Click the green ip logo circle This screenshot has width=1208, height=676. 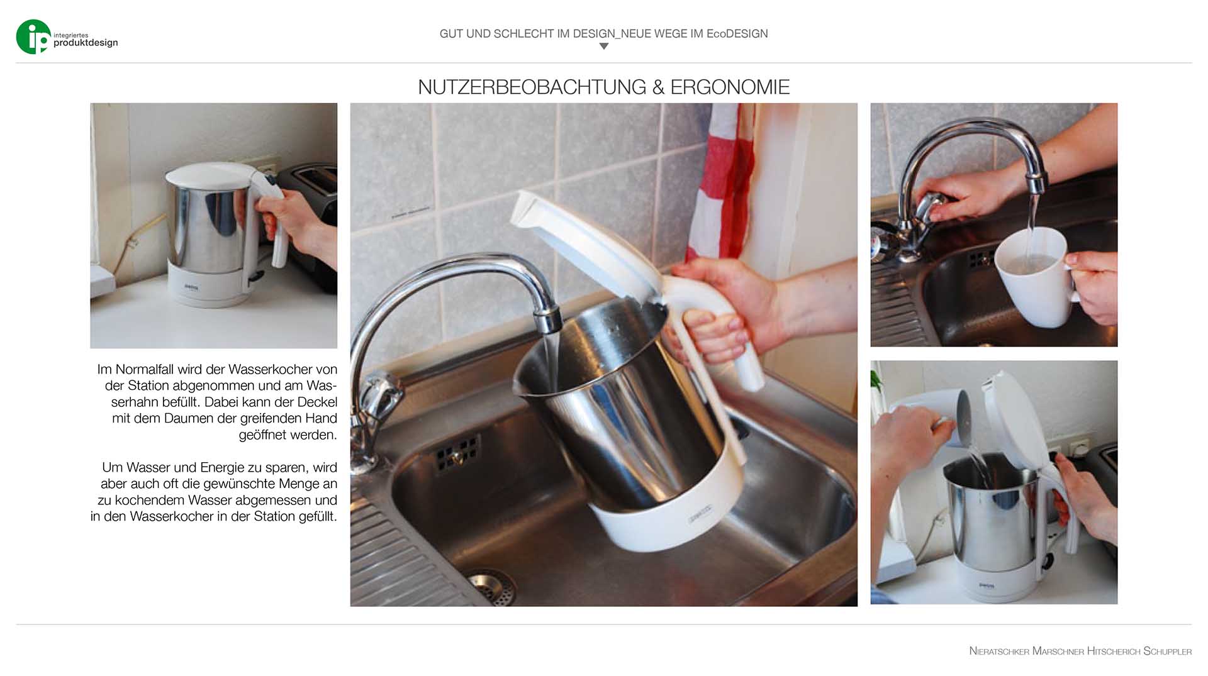point(33,36)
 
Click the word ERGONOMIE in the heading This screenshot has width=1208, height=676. point(730,87)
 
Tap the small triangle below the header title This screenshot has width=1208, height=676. point(604,46)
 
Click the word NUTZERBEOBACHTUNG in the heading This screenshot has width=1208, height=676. point(532,87)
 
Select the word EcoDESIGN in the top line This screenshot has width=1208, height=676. point(737,34)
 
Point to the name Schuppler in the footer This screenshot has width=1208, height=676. point(1167,651)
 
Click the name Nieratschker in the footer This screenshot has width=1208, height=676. point(999,651)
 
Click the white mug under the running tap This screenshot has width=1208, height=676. point(1032,277)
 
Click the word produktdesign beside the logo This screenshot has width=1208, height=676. point(86,43)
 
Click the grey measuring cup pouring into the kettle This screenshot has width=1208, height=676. point(954,417)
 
